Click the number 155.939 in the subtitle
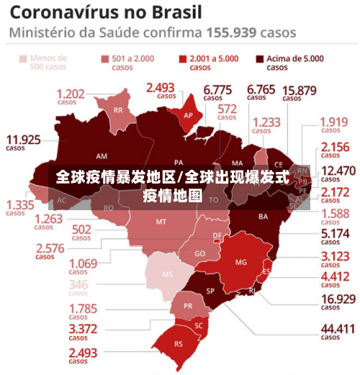232,32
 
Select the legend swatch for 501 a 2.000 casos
105,59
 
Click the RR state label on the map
117,110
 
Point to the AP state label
188,115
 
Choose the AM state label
102,155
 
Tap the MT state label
161,222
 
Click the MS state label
167,274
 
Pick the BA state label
263,216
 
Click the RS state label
179,343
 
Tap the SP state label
211,291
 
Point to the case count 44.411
338,328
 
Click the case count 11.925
23,139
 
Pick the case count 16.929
338,299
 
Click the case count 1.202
71,93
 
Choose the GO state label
199,253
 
